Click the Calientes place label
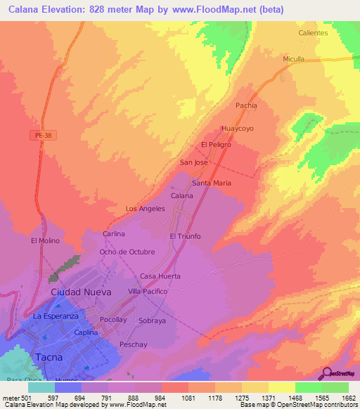[313, 33]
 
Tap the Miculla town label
[294, 59]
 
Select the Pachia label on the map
[246, 105]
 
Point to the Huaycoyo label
[237, 129]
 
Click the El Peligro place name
[216, 145]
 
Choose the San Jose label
[194, 162]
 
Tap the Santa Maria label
[212, 183]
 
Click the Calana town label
[182, 195]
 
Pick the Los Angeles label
[145, 209]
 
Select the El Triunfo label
[185, 236]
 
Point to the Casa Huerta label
[160, 276]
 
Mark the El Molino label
[46, 240]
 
